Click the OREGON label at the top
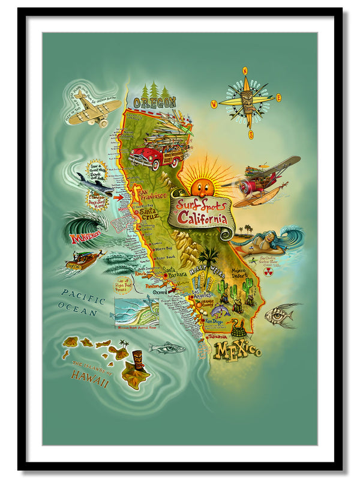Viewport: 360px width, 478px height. [154, 103]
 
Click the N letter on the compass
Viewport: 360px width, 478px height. [245, 70]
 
